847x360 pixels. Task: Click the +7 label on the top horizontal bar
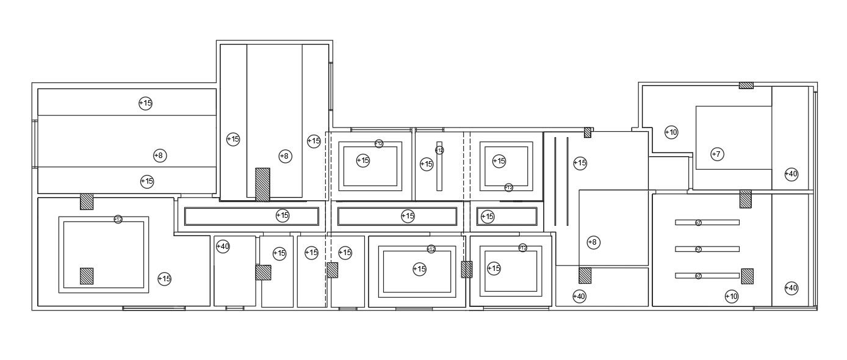pyautogui.click(x=698, y=223)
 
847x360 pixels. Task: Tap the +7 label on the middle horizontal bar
pyautogui.click(x=698, y=250)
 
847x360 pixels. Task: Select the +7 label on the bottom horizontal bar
pyautogui.click(x=698, y=276)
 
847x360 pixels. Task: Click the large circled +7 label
pyautogui.click(x=717, y=154)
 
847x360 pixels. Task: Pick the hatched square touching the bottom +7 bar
pyautogui.click(x=747, y=276)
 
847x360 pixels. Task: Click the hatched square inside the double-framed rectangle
pyautogui.click(x=87, y=276)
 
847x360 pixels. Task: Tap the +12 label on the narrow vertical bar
pyautogui.click(x=439, y=150)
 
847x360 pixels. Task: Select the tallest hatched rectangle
pyautogui.click(x=262, y=184)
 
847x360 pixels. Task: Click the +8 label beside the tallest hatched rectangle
pyautogui.click(x=285, y=156)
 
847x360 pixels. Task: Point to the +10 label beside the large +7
pyautogui.click(x=671, y=132)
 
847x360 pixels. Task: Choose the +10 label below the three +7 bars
pyautogui.click(x=731, y=297)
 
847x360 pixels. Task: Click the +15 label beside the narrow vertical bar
pyautogui.click(x=427, y=164)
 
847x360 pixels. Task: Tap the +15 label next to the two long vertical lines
pyautogui.click(x=580, y=163)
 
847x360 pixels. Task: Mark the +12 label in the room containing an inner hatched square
pyautogui.click(x=118, y=219)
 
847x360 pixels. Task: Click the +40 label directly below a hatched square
pyautogui.click(x=579, y=297)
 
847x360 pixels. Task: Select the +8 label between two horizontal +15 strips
pyautogui.click(x=159, y=156)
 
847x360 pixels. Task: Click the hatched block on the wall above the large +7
pyautogui.click(x=746, y=85)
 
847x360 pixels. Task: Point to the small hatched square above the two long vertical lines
pyautogui.click(x=587, y=132)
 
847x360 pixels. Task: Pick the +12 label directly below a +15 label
pyautogui.click(x=508, y=187)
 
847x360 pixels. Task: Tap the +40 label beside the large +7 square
pyautogui.click(x=791, y=174)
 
